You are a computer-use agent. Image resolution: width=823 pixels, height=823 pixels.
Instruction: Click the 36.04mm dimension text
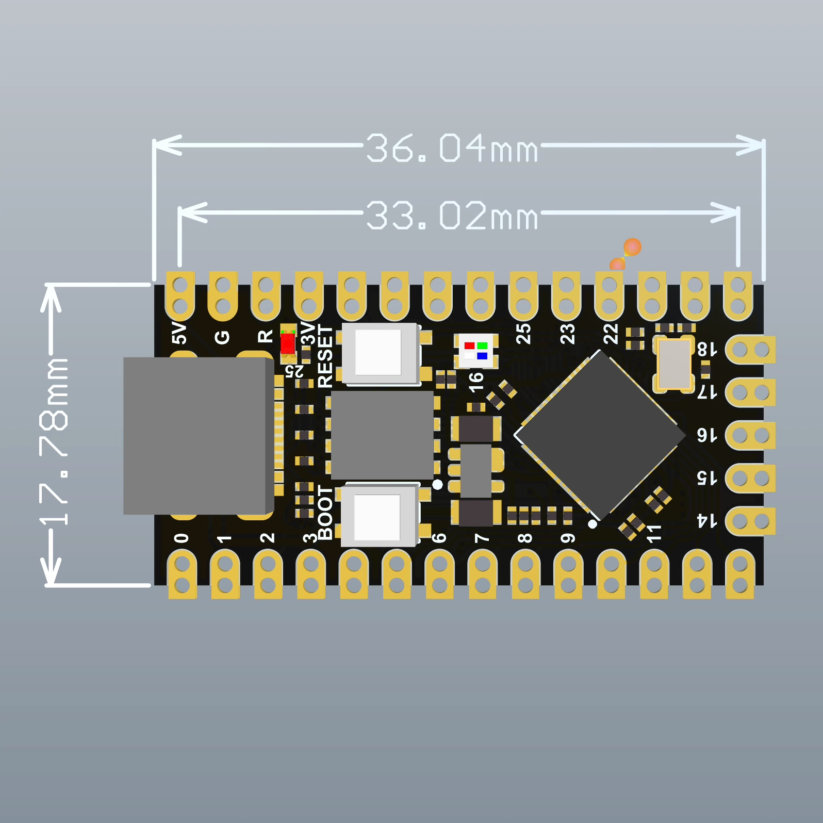pyautogui.click(x=452, y=148)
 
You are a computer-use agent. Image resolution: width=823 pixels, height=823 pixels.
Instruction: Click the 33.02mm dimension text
pyautogui.click(x=452, y=215)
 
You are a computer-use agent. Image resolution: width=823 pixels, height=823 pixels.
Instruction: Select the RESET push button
pyautogui.click(x=379, y=353)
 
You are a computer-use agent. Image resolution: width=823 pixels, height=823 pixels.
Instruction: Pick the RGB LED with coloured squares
pyautogui.click(x=476, y=351)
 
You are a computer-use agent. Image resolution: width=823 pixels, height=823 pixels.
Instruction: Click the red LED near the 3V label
pyautogui.click(x=288, y=343)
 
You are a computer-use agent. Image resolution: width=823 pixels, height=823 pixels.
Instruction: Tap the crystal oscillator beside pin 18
pyautogui.click(x=673, y=364)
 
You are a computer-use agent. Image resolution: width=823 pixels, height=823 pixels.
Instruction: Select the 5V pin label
pyautogui.click(x=179, y=333)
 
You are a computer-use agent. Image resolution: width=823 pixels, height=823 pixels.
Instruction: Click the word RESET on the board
pyautogui.click(x=325, y=356)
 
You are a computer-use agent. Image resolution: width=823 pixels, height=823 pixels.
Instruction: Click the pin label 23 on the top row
pyautogui.click(x=567, y=334)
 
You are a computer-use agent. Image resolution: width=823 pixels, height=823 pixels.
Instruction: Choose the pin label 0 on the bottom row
pyautogui.click(x=181, y=538)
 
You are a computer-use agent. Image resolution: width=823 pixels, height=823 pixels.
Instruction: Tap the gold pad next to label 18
pyautogui.click(x=750, y=350)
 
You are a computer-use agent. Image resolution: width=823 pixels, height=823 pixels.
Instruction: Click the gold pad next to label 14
pyautogui.click(x=750, y=521)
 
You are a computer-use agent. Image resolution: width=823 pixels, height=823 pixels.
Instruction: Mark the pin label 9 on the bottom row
pyautogui.click(x=568, y=538)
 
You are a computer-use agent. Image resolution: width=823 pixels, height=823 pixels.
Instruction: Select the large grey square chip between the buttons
pyautogui.click(x=382, y=435)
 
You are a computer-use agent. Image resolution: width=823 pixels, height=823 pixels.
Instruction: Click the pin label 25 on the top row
pyautogui.click(x=523, y=334)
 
